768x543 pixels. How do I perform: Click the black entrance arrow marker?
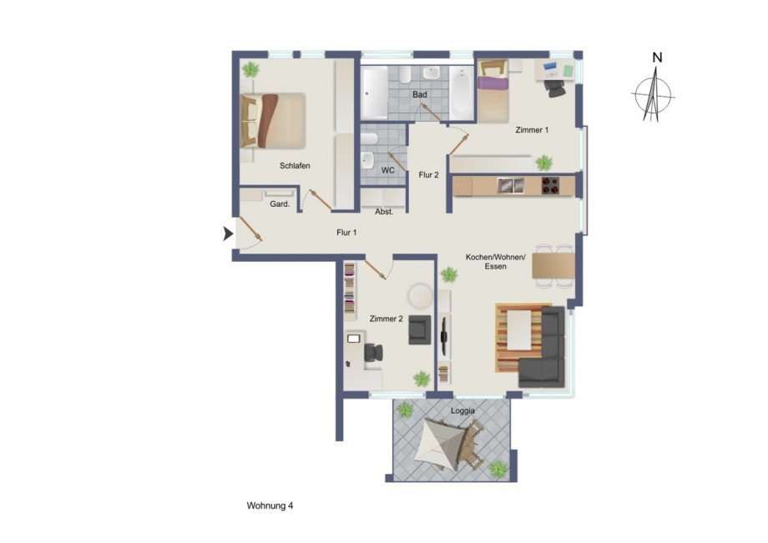pos(228,235)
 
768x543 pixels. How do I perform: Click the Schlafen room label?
pos(295,166)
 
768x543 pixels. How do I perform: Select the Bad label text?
pos(420,95)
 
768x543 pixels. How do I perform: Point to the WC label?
pos(387,170)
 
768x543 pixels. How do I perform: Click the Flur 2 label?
pos(428,175)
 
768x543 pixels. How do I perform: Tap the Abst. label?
pos(384,212)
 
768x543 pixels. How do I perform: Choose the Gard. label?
pos(280,203)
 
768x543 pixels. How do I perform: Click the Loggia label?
pos(462,411)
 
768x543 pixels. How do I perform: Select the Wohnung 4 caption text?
pos(270,505)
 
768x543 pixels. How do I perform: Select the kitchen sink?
pos(510,185)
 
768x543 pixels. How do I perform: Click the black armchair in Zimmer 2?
pos(419,330)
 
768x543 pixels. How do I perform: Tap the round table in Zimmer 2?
pos(419,296)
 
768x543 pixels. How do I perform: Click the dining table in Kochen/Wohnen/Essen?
pos(553,265)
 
